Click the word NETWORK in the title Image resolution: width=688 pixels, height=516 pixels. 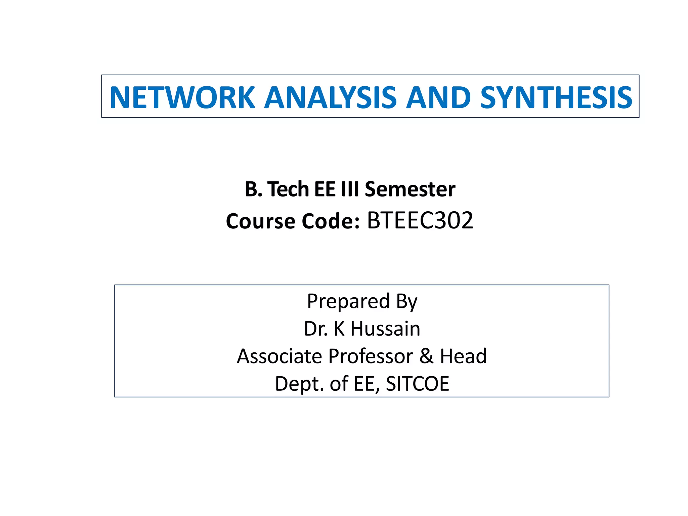point(182,97)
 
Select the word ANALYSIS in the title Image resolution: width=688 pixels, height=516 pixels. point(331,97)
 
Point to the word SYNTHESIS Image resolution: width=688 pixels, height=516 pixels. point(556,97)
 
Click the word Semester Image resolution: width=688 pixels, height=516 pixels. point(410,189)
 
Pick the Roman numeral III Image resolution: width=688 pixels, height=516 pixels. point(350,189)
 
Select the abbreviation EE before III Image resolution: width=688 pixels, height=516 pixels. point(325,189)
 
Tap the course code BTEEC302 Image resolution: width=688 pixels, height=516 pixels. point(420,221)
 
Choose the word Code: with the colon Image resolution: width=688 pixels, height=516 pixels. point(331,221)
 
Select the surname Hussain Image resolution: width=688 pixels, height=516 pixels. point(385,329)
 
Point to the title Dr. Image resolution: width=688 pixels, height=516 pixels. point(316,329)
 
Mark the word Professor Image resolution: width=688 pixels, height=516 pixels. point(371,356)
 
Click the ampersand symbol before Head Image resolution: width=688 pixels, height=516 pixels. point(426,356)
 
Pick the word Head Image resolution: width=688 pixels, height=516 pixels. point(463,356)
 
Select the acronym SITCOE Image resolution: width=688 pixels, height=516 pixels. point(417,384)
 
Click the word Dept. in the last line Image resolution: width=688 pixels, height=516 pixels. point(299,384)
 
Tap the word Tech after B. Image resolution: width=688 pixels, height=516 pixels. point(288,189)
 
